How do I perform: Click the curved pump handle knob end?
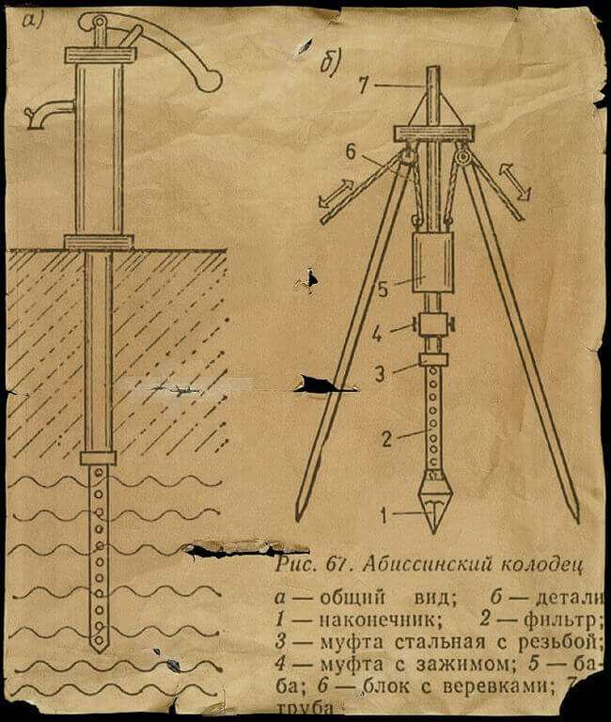coord(210,81)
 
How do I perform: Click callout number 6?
coord(350,151)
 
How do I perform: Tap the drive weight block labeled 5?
coord(433,262)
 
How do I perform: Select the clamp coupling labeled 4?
coord(433,327)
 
